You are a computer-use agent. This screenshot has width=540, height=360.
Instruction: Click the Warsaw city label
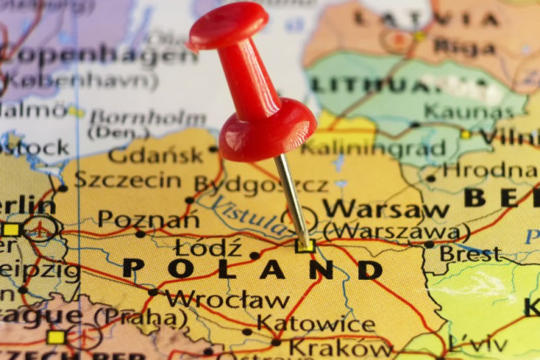386,209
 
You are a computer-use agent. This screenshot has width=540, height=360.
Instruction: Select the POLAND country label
253,269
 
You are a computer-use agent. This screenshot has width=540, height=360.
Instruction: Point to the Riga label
464,46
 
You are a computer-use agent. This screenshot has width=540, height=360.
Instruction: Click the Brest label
470,254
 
